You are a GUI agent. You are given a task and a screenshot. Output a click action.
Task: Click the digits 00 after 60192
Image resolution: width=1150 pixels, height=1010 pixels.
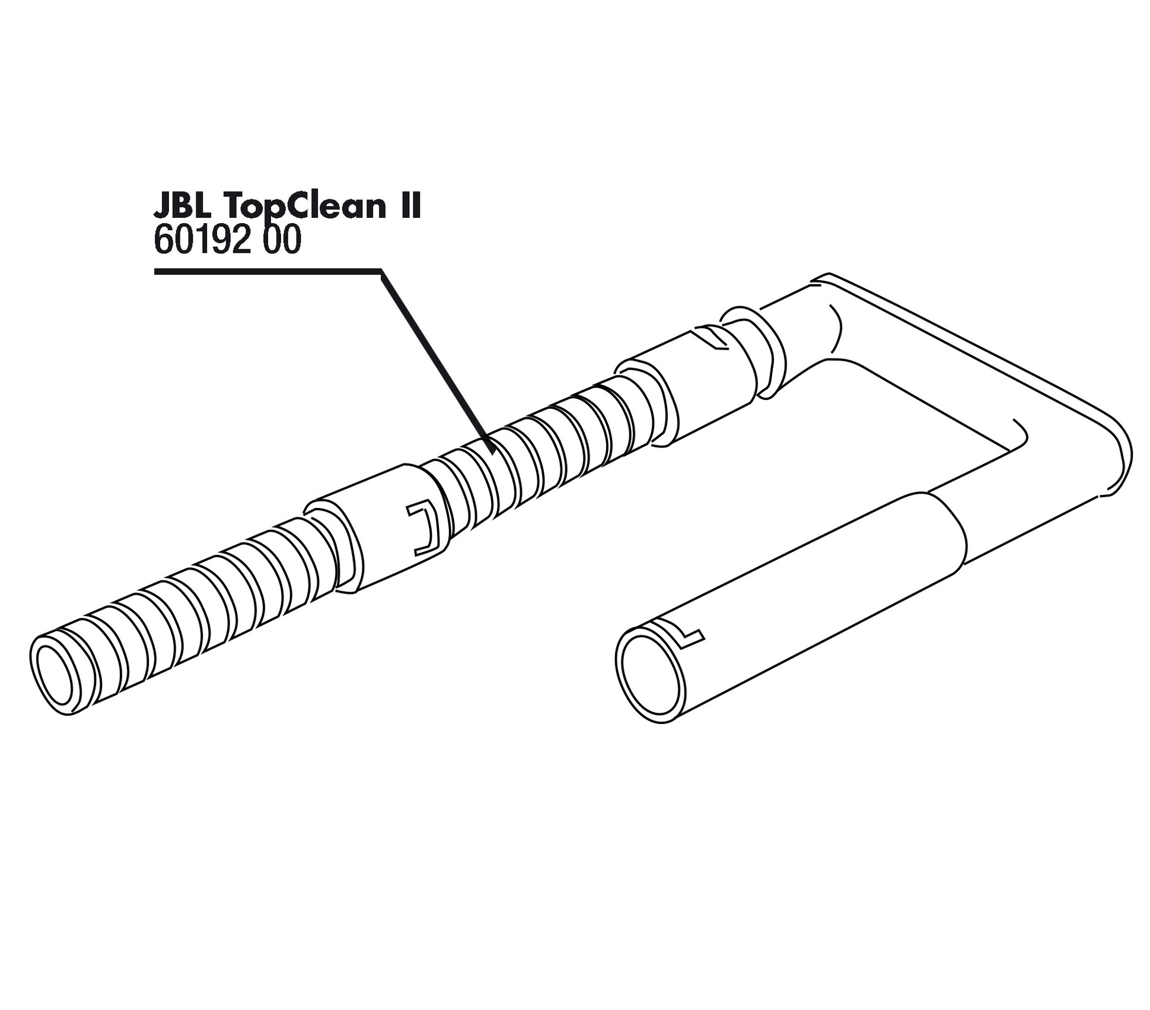pyautogui.click(x=281, y=241)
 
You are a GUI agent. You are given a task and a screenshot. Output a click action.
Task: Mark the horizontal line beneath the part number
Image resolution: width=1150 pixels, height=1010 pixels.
pyautogui.click(x=267, y=272)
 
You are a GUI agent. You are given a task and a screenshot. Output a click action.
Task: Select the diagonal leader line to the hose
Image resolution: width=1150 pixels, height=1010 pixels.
pyautogui.click(x=436, y=362)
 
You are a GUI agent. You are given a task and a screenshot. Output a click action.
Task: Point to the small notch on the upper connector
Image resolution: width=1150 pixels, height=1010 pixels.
pyautogui.click(x=712, y=338)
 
